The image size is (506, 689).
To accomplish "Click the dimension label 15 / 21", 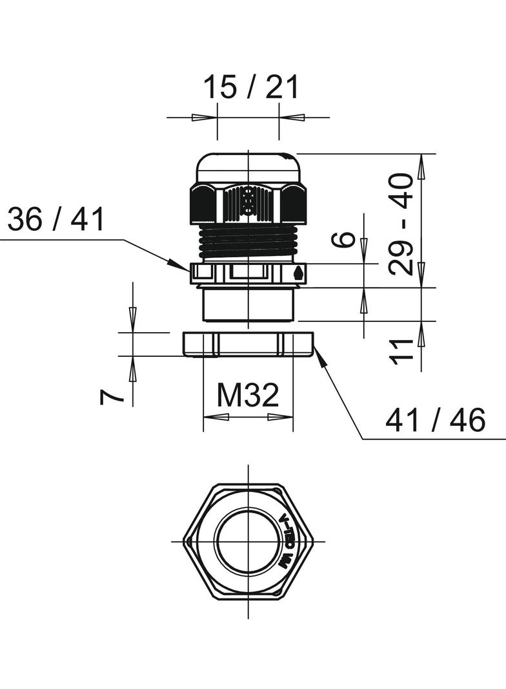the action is click(251, 87).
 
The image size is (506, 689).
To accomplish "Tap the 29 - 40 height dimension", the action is click(401, 224).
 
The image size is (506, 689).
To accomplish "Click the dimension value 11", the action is click(402, 352).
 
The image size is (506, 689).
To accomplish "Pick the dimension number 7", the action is click(110, 397).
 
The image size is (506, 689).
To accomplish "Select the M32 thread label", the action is click(248, 395).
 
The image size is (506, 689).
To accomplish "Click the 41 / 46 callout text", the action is click(436, 419).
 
